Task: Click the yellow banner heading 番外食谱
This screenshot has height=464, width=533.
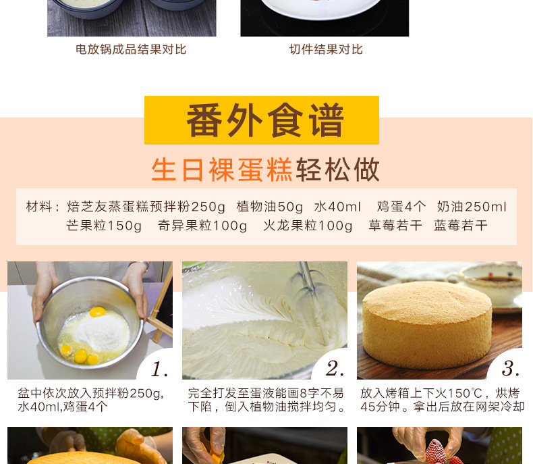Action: click(x=265, y=120)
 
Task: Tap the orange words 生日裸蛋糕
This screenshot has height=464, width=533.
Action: click(x=222, y=170)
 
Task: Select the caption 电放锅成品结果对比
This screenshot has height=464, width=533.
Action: click(x=131, y=49)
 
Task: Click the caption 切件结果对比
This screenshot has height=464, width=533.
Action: click(x=326, y=49)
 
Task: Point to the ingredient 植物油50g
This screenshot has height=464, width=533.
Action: click(x=270, y=207)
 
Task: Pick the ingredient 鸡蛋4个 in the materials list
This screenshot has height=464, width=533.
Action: click(x=401, y=207)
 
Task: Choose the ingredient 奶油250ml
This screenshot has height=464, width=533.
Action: click(x=472, y=207)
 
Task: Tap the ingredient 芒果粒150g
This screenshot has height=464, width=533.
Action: click(x=104, y=226)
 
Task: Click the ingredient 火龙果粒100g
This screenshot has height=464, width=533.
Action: click(x=308, y=226)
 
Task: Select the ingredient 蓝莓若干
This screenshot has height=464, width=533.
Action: click(x=461, y=226)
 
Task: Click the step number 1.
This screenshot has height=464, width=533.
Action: click(x=159, y=369)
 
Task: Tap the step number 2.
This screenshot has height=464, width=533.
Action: click(x=335, y=369)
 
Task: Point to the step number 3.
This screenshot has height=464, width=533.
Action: click(x=510, y=369)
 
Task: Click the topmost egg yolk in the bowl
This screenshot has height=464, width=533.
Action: click(x=98, y=311)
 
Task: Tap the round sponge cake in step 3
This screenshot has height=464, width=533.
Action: click(x=427, y=325)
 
